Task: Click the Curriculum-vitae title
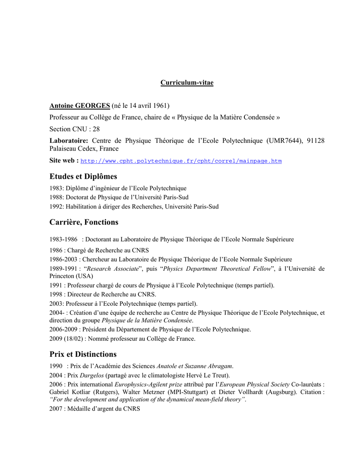(x=187, y=83)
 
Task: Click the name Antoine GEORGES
(x=80, y=106)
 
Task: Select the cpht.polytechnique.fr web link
(x=181, y=161)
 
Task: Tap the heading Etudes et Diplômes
(x=83, y=176)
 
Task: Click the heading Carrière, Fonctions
(x=84, y=222)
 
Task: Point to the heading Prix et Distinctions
(x=83, y=354)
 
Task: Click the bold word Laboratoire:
(x=69, y=141)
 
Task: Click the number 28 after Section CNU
(x=96, y=129)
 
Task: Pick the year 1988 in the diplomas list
(x=56, y=198)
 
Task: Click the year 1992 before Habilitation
(x=56, y=207)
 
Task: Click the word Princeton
(x=64, y=276)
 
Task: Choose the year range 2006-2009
(x=63, y=329)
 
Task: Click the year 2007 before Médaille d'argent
(x=56, y=409)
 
